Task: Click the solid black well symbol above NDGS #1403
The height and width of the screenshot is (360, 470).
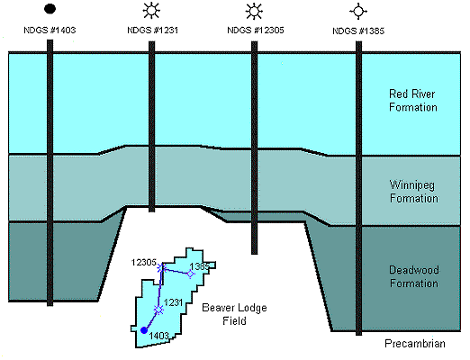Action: (50, 9)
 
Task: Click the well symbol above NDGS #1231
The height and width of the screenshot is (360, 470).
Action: (151, 11)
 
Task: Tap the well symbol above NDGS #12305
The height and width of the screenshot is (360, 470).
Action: (254, 12)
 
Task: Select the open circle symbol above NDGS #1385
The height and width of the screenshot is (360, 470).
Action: (358, 12)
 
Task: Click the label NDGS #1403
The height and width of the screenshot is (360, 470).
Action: (50, 30)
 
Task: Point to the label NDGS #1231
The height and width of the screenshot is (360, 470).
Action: (153, 30)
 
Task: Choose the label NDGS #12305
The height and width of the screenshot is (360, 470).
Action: (256, 30)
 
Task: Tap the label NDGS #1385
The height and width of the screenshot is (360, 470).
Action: (358, 31)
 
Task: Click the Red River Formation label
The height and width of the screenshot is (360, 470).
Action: (413, 101)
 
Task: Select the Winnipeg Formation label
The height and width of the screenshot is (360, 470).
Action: (414, 192)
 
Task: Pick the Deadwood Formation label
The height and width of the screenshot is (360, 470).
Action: (414, 276)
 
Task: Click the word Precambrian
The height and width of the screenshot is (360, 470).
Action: (415, 344)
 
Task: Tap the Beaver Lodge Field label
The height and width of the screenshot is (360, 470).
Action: (234, 314)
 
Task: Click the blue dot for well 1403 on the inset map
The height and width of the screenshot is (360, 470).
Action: (144, 330)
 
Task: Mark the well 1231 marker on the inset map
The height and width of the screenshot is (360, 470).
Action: (158, 310)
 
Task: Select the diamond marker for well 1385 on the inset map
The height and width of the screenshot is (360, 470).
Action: (190, 274)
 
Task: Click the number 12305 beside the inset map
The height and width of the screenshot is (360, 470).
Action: (144, 263)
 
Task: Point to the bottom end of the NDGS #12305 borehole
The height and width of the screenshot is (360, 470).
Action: (254, 254)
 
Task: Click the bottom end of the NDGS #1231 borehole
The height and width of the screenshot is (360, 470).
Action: (152, 211)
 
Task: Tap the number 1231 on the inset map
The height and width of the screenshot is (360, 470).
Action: (173, 302)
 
